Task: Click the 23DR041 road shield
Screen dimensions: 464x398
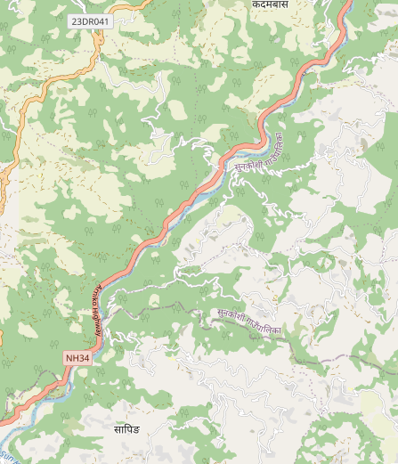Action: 89,20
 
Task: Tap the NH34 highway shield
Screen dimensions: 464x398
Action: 77,358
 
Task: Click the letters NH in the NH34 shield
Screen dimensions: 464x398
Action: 71,358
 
